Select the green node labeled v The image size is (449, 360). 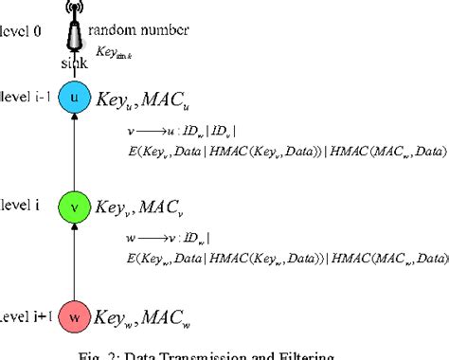[73, 206]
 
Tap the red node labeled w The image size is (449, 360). [73, 315]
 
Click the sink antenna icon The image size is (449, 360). [73, 28]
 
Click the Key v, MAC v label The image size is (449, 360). [138, 206]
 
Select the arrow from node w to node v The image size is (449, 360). [73, 261]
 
